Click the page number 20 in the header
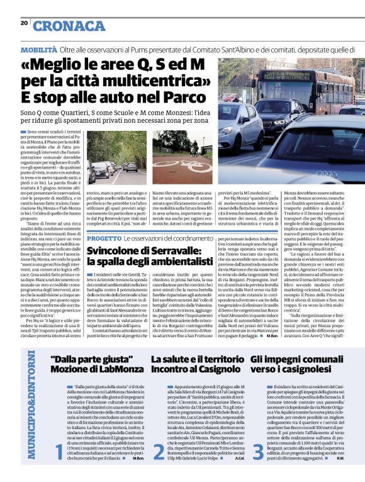click(25, 23)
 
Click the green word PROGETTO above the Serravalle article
click(104, 239)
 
